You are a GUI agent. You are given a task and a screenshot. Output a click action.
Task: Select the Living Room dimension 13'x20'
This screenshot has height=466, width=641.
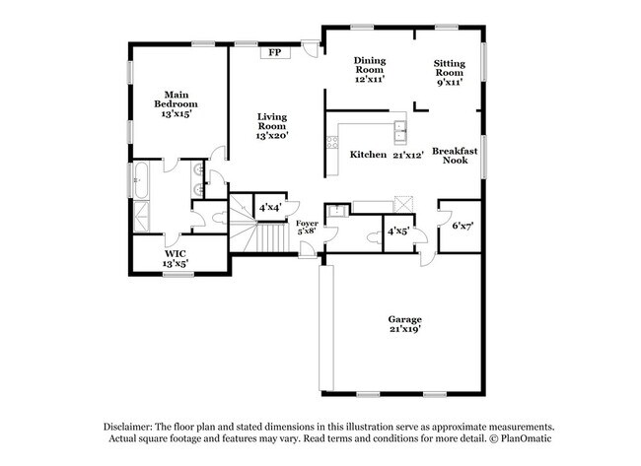272,135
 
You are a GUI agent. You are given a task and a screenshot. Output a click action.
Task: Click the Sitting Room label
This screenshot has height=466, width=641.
450,68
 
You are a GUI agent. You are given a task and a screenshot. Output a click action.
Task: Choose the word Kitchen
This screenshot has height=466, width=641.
368,155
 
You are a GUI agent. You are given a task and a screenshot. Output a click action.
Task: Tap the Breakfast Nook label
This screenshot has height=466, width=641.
455,155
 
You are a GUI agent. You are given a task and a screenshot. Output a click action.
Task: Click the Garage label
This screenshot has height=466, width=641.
404,319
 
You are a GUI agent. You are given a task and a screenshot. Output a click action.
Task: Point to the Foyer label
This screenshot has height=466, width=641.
308,225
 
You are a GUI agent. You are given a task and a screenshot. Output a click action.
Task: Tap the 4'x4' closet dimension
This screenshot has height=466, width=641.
268,208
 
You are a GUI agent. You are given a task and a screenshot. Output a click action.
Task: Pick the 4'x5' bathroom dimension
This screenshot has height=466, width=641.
398,232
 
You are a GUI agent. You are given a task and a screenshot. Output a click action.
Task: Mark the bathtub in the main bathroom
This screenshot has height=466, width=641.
139,182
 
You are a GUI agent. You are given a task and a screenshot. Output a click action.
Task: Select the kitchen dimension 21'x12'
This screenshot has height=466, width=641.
407,155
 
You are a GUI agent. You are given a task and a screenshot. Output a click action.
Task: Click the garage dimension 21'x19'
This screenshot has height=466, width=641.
404,332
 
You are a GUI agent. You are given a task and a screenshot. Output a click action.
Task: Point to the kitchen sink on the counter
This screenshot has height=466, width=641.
399,128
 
